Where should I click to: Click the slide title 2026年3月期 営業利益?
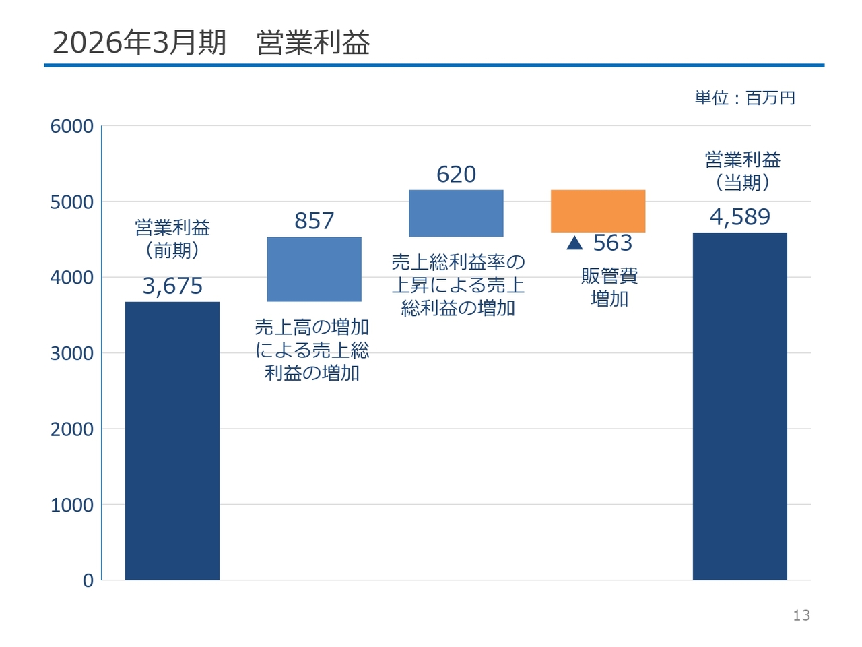point(211,42)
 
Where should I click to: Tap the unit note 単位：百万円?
point(745,98)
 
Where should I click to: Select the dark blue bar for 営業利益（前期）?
point(172,440)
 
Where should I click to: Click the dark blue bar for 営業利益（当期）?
point(739,406)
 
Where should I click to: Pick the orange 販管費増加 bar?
point(598,211)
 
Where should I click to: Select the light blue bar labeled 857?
point(314,269)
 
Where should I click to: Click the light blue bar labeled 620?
point(456,214)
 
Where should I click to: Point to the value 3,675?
point(172,286)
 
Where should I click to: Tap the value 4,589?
point(740,217)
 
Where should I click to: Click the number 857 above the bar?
point(314,220)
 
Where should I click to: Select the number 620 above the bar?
point(457,174)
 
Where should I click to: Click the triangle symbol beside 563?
point(574,243)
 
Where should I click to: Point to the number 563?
point(613,243)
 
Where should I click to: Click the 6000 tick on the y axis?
point(72,127)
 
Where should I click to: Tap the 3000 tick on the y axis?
point(72,354)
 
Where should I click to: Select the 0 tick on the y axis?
point(88,580)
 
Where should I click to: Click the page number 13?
point(801,615)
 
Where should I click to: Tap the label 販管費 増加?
point(609,287)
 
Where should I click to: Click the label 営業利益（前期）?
point(172,239)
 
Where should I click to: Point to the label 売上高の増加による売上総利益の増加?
point(312,350)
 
